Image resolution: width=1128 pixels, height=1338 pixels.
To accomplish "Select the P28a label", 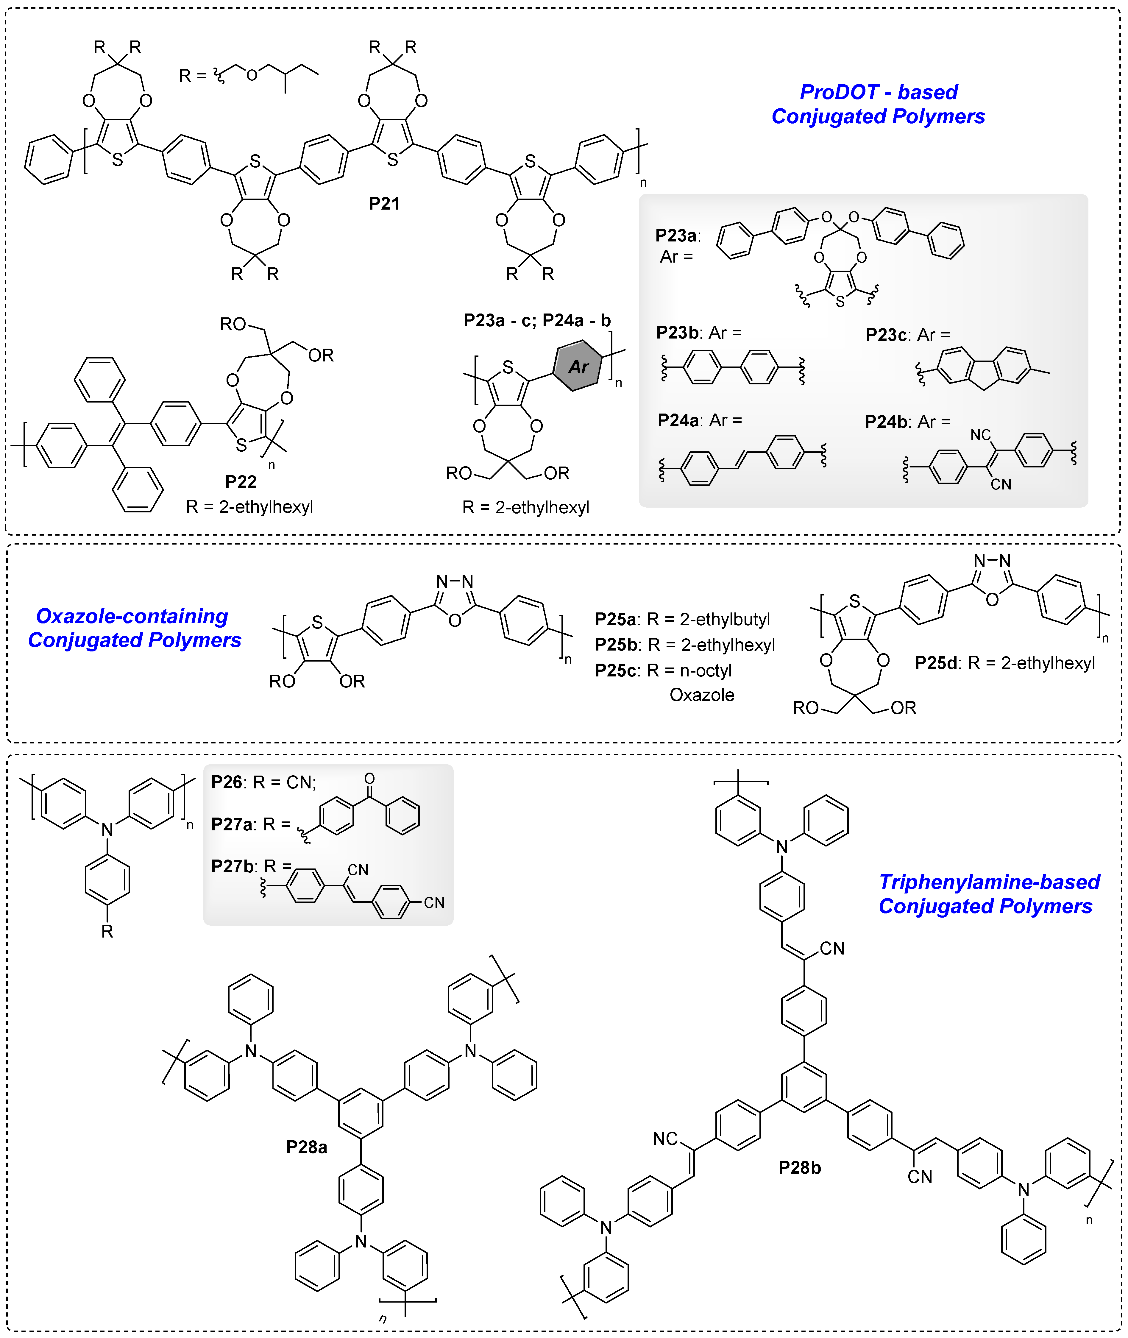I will click(306, 1147).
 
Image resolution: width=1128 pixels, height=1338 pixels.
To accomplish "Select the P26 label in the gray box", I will click(226, 782).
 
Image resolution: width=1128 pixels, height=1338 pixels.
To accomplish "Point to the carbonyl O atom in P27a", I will click(370, 778).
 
